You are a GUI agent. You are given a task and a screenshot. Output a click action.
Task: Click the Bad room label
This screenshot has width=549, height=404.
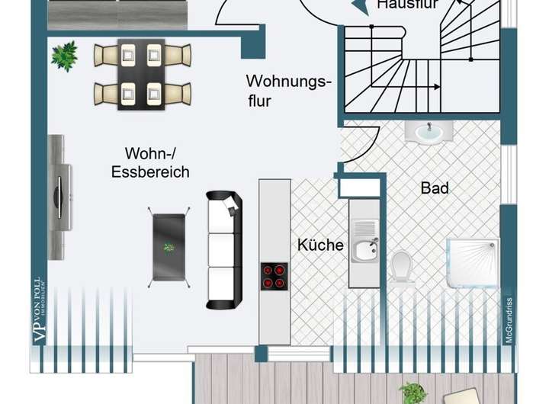point(435,188)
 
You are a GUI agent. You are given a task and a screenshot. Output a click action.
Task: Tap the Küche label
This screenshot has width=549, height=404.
point(320,245)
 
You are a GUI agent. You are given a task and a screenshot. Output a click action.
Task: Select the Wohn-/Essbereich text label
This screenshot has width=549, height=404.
point(150,162)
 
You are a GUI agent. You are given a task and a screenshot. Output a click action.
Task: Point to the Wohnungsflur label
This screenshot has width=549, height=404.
point(289,90)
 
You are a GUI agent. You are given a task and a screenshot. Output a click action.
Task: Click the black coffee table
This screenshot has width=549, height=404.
point(169,246)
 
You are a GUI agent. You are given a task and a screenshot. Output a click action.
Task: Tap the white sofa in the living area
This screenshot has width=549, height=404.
point(224,249)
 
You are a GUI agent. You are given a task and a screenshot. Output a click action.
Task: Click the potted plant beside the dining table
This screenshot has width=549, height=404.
point(65,56)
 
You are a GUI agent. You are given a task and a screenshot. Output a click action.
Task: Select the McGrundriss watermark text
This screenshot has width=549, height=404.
point(508,313)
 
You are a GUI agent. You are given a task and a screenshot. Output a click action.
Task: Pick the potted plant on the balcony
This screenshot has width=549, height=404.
point(413,393)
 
